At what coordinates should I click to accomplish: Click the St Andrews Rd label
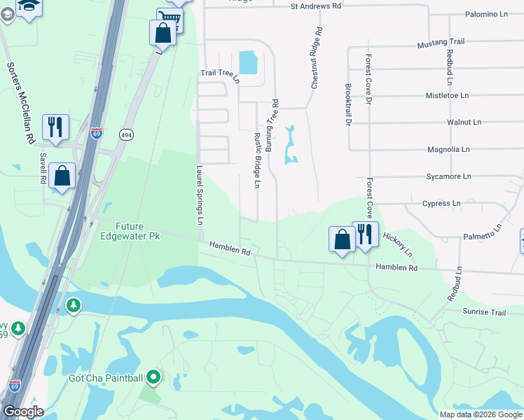coord(315,6)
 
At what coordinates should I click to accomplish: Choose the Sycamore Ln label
coord(448,176)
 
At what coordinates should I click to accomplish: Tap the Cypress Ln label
coord(441,204)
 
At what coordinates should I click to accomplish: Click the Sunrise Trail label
coord(483,311)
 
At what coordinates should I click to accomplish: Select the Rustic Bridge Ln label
coord(257,161)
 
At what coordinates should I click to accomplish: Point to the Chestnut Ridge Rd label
coord(316,58)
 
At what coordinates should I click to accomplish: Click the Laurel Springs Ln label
coord(200,195)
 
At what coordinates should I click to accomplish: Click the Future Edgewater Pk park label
coord(139,232)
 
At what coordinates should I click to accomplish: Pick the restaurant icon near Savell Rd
coord(55,127)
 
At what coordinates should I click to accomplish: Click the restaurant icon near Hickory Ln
coord(365,234)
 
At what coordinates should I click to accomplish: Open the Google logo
coord(22,411)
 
